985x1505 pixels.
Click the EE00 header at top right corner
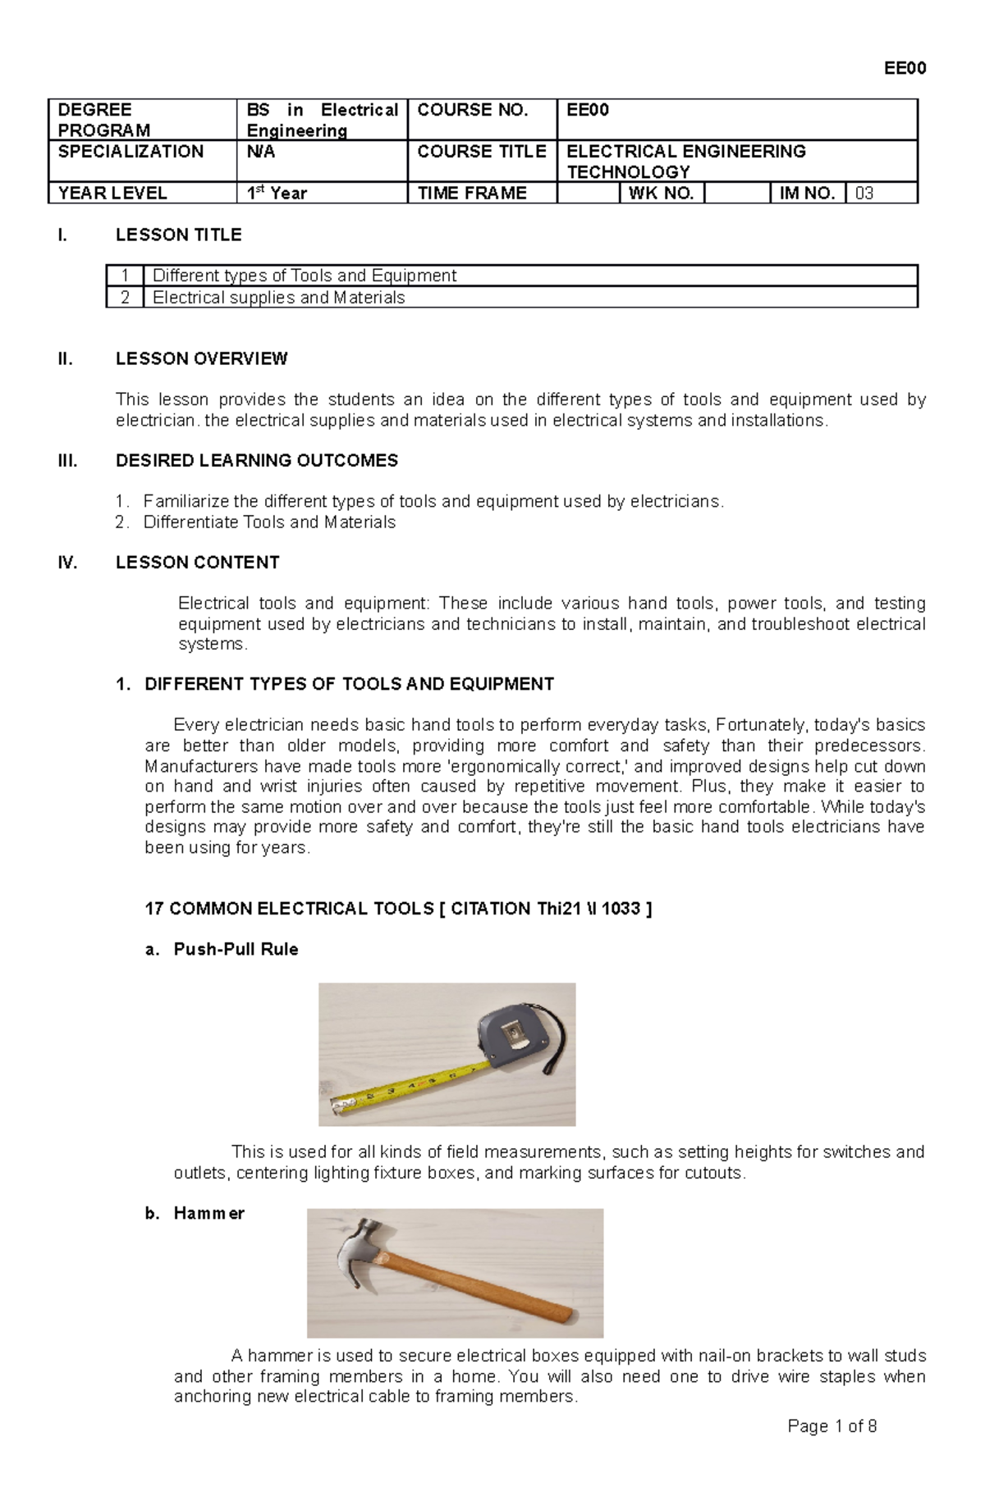(905, 69)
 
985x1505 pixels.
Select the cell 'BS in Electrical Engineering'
(322, 121)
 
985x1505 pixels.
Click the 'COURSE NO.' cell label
(473, 111)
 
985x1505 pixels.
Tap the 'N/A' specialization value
(261, 152)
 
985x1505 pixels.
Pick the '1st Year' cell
(277, 194)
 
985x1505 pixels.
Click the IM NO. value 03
(864, 194)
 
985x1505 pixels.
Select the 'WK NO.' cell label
(661, 194)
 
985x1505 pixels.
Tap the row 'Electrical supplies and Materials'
(279, 298)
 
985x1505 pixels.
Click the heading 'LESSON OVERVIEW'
(201, 358)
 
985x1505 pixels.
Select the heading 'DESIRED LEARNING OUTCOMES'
(257, 461)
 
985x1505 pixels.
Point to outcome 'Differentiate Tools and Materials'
(269, 522)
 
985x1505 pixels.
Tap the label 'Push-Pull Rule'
(236, 950)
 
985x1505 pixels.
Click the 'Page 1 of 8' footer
(832, 1449)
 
